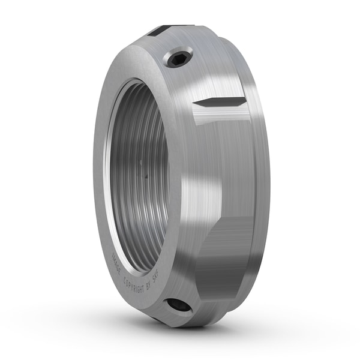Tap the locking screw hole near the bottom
tap(179, 305)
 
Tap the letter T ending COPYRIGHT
tap(148, 286)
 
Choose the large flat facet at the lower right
tap(228, 258)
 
